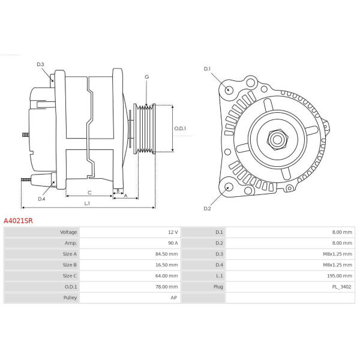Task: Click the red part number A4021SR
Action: pyautogui.click(x=18, y=221)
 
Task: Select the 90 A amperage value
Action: pyautogui.click(x=173, y=243)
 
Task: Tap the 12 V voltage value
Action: pyautogui.click(x=173, y=232)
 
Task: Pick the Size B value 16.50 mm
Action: pyautogui.click(x=166, y=265)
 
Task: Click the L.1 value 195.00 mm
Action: pyautogui.click(x=340, y=276)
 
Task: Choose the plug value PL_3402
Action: pyautogui.click(x=341, y=287)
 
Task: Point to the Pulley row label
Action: pyautogui.click(x=70, y=298)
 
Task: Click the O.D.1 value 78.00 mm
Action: pyautogui.click(x=166, y=287)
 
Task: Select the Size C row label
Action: pyautogui.click(x=70, y=276)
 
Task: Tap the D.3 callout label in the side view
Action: pyautogui.click(x=40, y=64)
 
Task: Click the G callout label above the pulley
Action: pyautogui.click(x=147, y=77)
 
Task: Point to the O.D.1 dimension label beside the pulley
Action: pyautogui.click(x=180, y=128)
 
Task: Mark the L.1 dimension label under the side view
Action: pyautogui.click(x=87, y=203)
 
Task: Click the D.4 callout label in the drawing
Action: pyautogui.click(x=41, y=199)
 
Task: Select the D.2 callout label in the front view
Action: pyautogui.click(x=207, y=208)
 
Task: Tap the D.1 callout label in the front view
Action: pyautogui.click(x=207, y=69)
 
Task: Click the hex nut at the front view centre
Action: pyautogui.click(x=277, y=139)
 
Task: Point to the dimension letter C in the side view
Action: pyautogui.click(x=89, y=193)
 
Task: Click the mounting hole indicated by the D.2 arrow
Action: pyautogui.click(x=229, y=187)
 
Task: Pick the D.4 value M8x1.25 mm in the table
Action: pyautogui.click(x=337, y=265)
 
